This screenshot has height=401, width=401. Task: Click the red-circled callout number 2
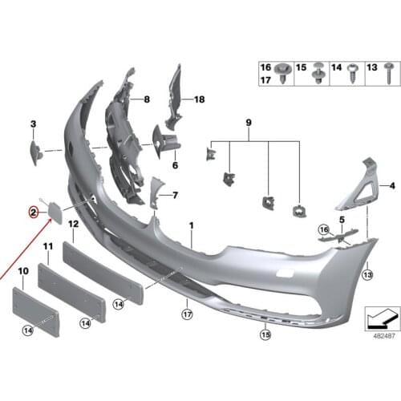(34, 213)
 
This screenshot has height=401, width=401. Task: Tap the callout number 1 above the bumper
(192, 227)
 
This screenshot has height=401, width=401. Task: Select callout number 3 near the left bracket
(34, 124)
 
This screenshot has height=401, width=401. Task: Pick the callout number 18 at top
(199, 99)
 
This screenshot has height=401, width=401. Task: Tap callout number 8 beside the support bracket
(147, 99)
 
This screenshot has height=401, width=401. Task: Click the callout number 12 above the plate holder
(72, 225)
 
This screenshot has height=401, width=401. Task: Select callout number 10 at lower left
(22, 273)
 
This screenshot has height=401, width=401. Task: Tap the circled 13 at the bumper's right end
(367, 275)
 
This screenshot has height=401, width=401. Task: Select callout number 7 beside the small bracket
(175, 195)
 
